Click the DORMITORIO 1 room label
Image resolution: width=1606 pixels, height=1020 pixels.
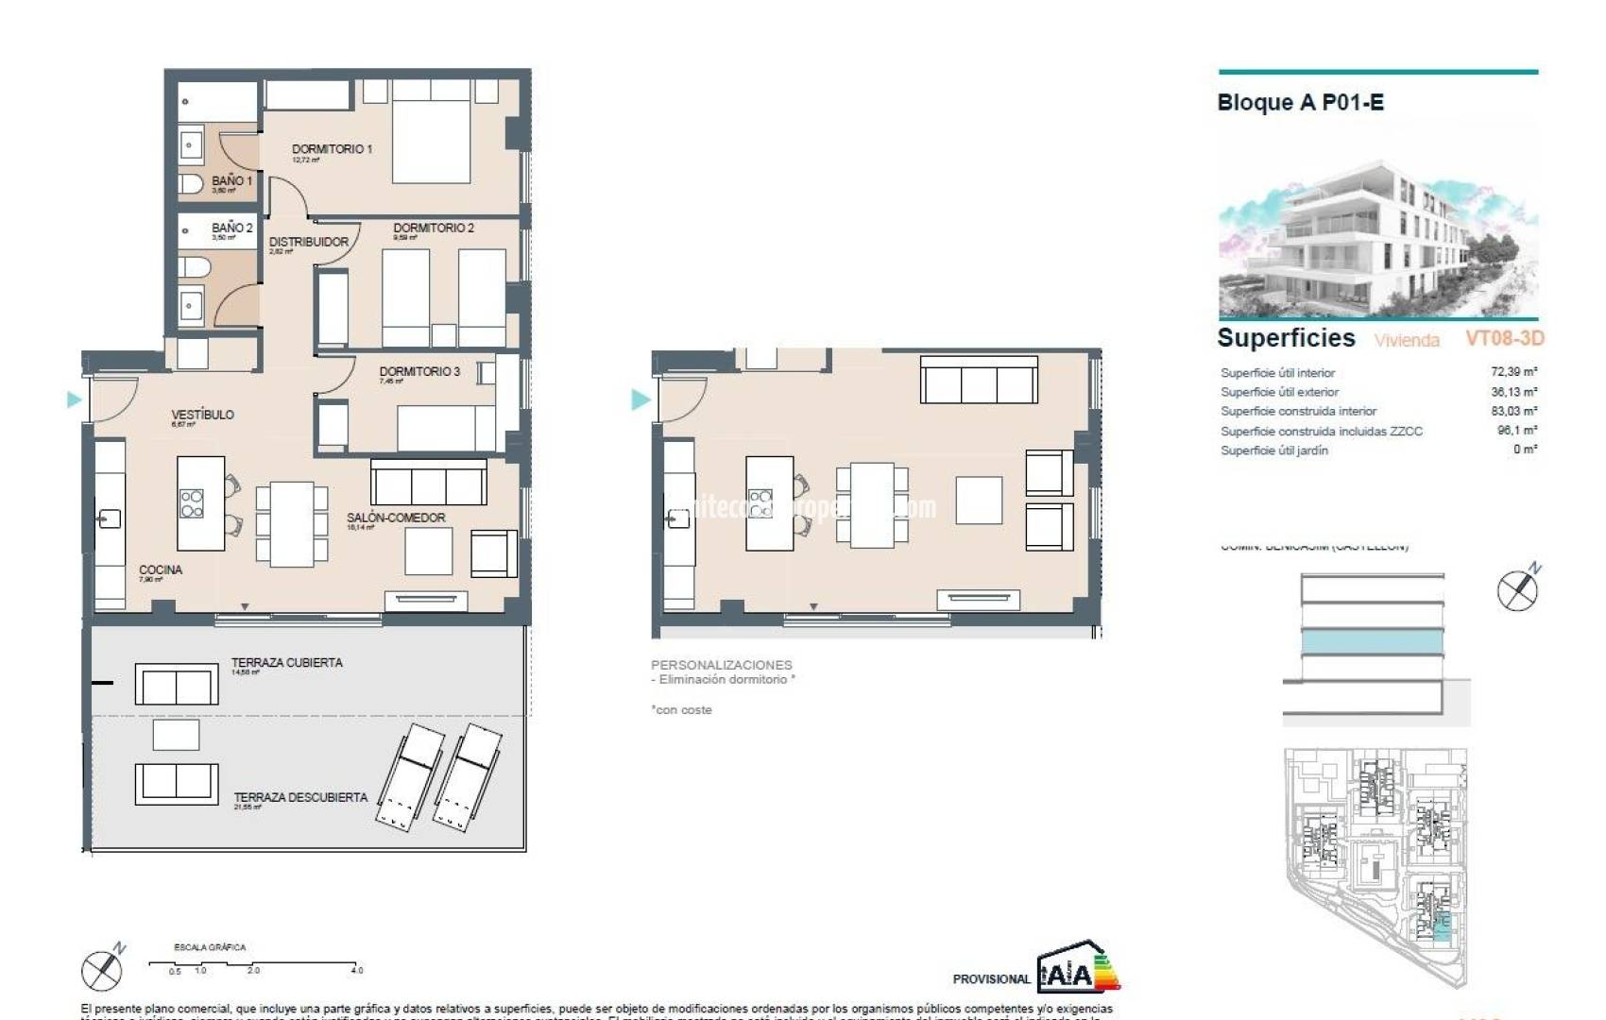tap(332, 149)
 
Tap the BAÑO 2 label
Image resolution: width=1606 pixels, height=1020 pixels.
tap(231, 228)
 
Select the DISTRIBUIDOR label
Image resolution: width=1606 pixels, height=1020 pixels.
tap(308, 242)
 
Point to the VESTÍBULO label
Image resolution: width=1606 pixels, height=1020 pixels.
tap(202, 415)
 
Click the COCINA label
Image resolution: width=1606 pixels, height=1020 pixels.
tap(161, 569)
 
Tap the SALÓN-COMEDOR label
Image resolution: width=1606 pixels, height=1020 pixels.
tap(395, 518)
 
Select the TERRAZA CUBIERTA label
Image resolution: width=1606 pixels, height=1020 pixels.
tap(286, 663)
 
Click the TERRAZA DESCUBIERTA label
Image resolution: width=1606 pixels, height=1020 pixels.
tap(300, 798)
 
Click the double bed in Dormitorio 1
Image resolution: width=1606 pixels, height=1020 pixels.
tap(431, 132)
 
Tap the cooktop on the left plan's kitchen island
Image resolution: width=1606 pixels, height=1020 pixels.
tap(192, 503)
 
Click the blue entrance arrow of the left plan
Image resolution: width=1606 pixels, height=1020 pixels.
tap(75, 399)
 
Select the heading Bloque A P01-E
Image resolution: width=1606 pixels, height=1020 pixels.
tap(1300, 103)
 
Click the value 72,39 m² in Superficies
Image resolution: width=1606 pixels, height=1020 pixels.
tap(1513, 372)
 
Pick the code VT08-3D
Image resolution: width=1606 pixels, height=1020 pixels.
tap(1504, 338)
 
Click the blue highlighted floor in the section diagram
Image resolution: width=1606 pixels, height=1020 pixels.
tap(1372, 642)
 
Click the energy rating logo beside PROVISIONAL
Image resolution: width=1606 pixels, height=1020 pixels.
tap(1078, 969)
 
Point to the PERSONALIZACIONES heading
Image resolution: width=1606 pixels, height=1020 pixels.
tap(721, 665)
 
